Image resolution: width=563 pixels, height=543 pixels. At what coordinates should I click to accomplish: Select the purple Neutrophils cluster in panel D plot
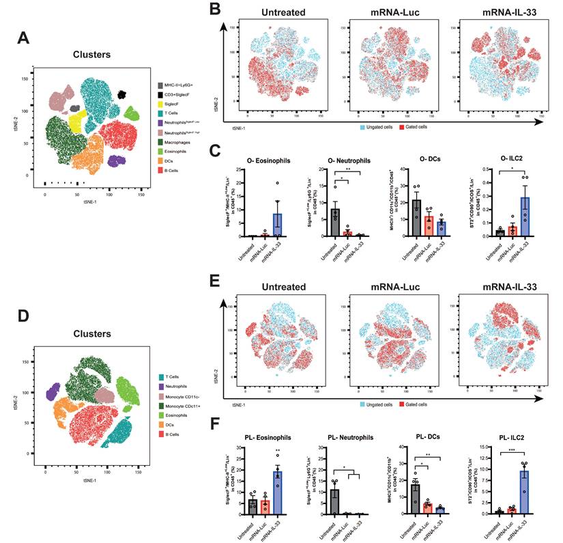pos(53,392)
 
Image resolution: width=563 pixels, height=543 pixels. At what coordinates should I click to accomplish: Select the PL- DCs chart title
pos(419,437)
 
